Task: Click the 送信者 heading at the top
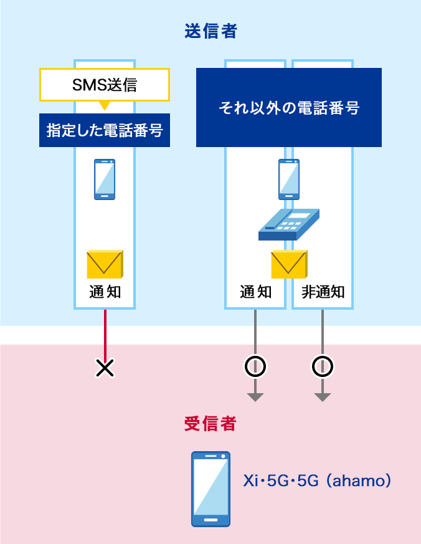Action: [x=210, y=32]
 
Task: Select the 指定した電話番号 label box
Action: [x=105, y=130]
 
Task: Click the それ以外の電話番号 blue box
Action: [x=288, y=108]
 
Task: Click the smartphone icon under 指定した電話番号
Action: [x=105, y=179]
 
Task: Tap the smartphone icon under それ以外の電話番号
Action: [x=288, y=179]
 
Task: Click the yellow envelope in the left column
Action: [x=105, y=264]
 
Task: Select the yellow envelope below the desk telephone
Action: [x=288, y=264]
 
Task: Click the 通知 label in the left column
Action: [x=105, y=292]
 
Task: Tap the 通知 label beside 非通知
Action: [x=256, y=292]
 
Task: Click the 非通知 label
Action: [x=323, y=292]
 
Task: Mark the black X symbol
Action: [x=105, y=368]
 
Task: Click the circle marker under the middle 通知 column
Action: [x=255, y=367]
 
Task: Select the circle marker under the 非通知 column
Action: [x=322, y=367]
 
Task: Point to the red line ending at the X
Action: [x=105, y=333]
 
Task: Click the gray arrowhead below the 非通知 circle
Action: [x=322, y=397]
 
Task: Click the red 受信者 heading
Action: [x=210, y=424]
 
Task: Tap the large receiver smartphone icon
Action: [x=210, y=489]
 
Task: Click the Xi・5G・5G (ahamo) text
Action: [x=317, y=481]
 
